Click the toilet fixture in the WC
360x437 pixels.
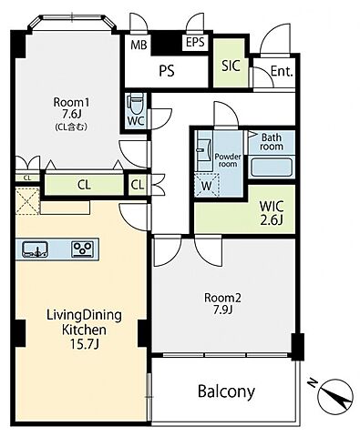point(136,104)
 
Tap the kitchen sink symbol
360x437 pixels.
point(36,249)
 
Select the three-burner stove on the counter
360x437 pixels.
point(83,249)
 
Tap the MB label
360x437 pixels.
point(139,46)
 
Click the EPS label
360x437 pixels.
point(195,42)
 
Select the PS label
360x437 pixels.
point(167,71)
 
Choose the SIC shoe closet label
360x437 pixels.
point(231,66)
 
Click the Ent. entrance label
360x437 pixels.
point(282,71)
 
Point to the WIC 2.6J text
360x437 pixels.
point(272,213)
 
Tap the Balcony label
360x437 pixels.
point(226,391)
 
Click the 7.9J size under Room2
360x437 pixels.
point(222,310)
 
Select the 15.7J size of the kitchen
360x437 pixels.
point(85,343)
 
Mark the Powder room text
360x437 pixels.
point(228,160)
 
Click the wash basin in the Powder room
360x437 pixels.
point(203,150)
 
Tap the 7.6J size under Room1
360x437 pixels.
point(72,114)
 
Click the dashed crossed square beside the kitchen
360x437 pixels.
point(27,201)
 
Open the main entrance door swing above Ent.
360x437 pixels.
point(275,38)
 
